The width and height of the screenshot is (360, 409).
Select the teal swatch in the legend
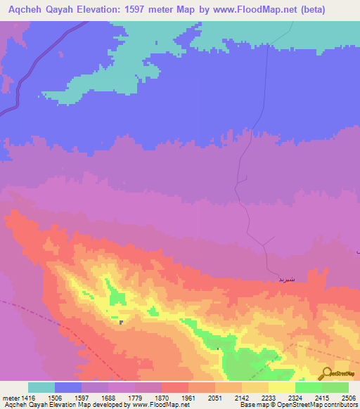[x=41, y=388]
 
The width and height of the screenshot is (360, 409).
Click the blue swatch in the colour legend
[x=67, y=388]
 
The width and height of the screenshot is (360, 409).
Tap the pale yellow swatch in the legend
[x=281, y=388]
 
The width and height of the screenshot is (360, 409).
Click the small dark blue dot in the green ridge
[x=122, y=323]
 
